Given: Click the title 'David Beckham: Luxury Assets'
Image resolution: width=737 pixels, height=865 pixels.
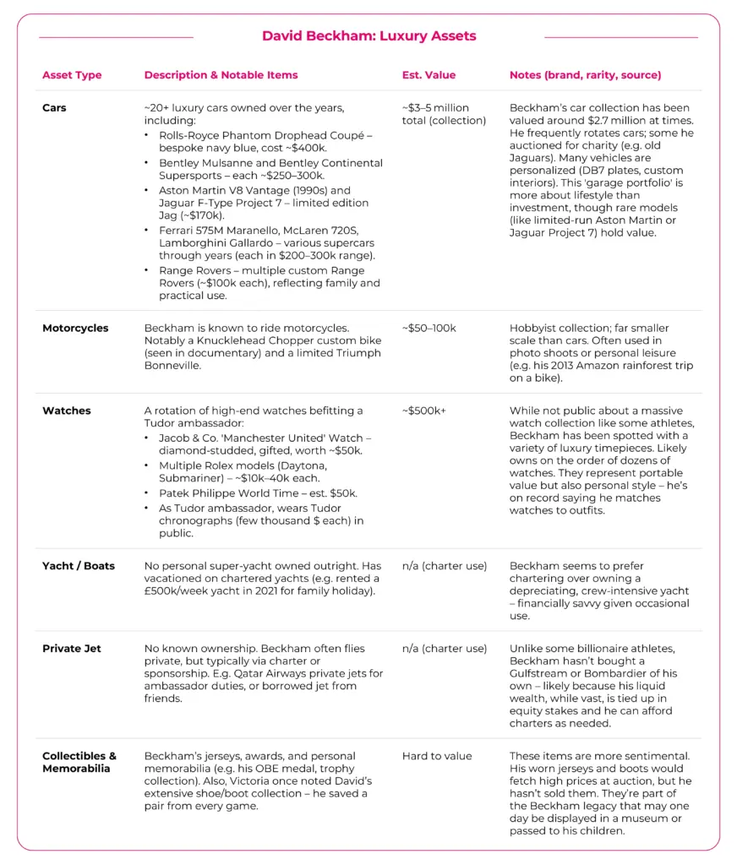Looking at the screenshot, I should (x=368, y=36).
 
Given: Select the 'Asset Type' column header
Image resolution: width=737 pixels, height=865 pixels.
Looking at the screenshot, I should (x=72, y=75).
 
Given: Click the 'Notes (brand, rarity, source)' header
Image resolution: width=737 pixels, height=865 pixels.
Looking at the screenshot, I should (x=585, y=75).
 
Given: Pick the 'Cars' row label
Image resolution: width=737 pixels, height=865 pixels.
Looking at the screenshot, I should (x=54, y=108).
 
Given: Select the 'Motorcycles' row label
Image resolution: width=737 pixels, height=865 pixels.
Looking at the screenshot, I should (x=75, y=328).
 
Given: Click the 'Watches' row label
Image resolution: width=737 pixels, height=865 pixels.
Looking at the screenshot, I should (x=67, y=411).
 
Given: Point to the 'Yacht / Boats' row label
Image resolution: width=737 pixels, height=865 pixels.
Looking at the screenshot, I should (x=79, y=566).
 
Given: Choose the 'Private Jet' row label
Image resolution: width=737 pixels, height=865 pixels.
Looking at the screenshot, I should (x=72, y=649).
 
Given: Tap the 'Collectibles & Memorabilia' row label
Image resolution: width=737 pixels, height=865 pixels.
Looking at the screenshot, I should (x=79, y=762).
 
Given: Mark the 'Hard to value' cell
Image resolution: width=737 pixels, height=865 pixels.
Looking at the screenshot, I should (x=437, y=756).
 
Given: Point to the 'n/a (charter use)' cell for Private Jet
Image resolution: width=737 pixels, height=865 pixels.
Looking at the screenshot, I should (x=445, y=649).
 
